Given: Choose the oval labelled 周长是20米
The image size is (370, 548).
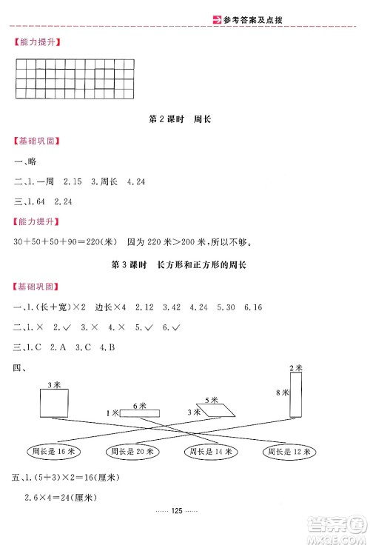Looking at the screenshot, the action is pos(132,451).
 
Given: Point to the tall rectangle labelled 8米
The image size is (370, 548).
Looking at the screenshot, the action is pos(296,395).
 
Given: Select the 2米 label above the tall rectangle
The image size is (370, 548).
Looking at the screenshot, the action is pos(295,368).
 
